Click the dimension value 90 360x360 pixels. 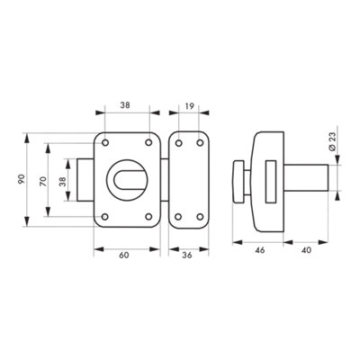(x=21, y=179)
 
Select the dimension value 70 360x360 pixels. (x=44, y=182)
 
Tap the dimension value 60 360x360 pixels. (x=124, y=255)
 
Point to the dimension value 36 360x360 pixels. (x=187, y=255)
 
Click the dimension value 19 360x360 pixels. (x=189, y=105)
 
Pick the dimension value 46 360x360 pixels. (x=260, y=250)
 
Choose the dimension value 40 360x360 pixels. (x=306, y=250)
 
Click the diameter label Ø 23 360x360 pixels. (x=332, y=141)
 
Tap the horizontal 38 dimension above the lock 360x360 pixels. (x=126, y=105)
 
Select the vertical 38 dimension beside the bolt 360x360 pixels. (x=62, y=182)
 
